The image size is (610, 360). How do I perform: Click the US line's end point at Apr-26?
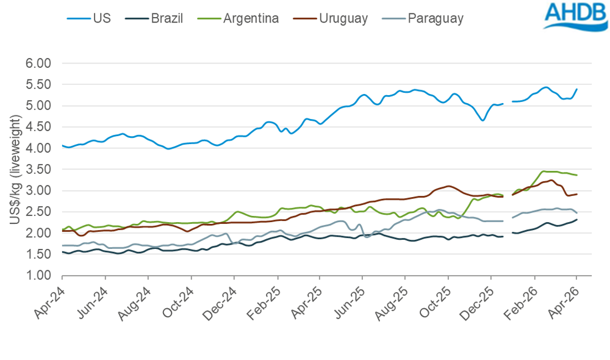coord(577,89)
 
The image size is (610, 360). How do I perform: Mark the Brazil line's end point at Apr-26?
coord(577,220)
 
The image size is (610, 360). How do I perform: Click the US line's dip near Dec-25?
coord(483,120)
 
